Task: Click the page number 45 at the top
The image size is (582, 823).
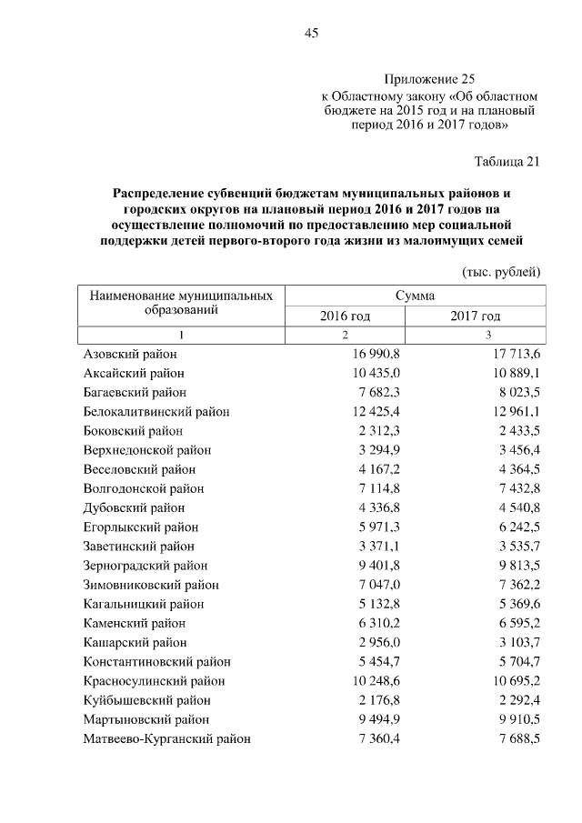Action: pos(311,34)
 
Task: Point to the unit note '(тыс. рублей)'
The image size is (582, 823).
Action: pos(501,272)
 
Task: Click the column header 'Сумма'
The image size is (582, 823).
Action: pos(415,296)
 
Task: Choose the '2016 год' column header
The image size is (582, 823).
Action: pos(345,316)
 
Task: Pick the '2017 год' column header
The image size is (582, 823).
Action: pos(476,316)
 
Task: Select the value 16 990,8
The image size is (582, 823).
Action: pos(363,354)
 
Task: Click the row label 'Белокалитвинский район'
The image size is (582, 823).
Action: pos(156,412)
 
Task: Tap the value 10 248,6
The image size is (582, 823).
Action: pos(365,681)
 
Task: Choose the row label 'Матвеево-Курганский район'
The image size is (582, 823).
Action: pos(167,739)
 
